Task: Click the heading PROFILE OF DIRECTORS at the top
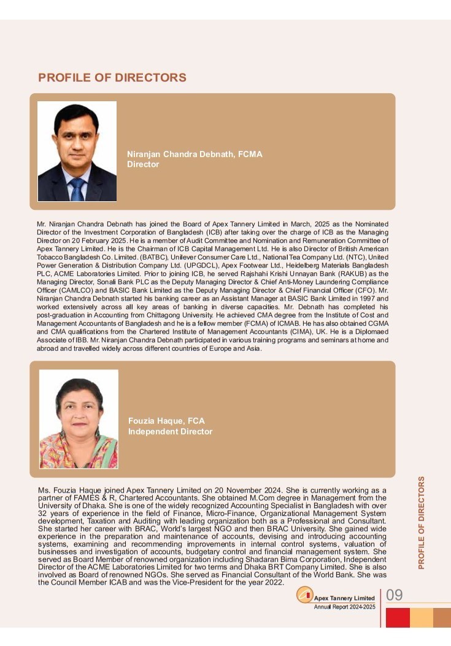pyautogui.click(x=112, y=78)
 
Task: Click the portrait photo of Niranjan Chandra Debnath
pyautogui.click(x=77, y=151)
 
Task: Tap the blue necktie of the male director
pyautogui.click(x=77, y=189)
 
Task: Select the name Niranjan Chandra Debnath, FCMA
pyautogui.click(x=195, y=155)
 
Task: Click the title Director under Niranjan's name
pyautogui.click(x=143, y=164)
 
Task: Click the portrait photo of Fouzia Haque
pyautogui.click(x=79, y=418)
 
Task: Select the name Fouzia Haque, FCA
pyautogui.click(x=166, y=421)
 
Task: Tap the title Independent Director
pyautogui.click(x=170, y=432)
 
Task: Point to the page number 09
pyautogui.click(x=394, y=595)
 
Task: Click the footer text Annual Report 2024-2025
pyautogui.click(x=344, y=607)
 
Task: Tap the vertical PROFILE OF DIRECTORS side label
pyautogui.click(x=422, y=522)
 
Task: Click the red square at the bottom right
pyautogui.click(x=398, y=617)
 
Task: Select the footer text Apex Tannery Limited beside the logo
pyautogui.click(x=344, y=598)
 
